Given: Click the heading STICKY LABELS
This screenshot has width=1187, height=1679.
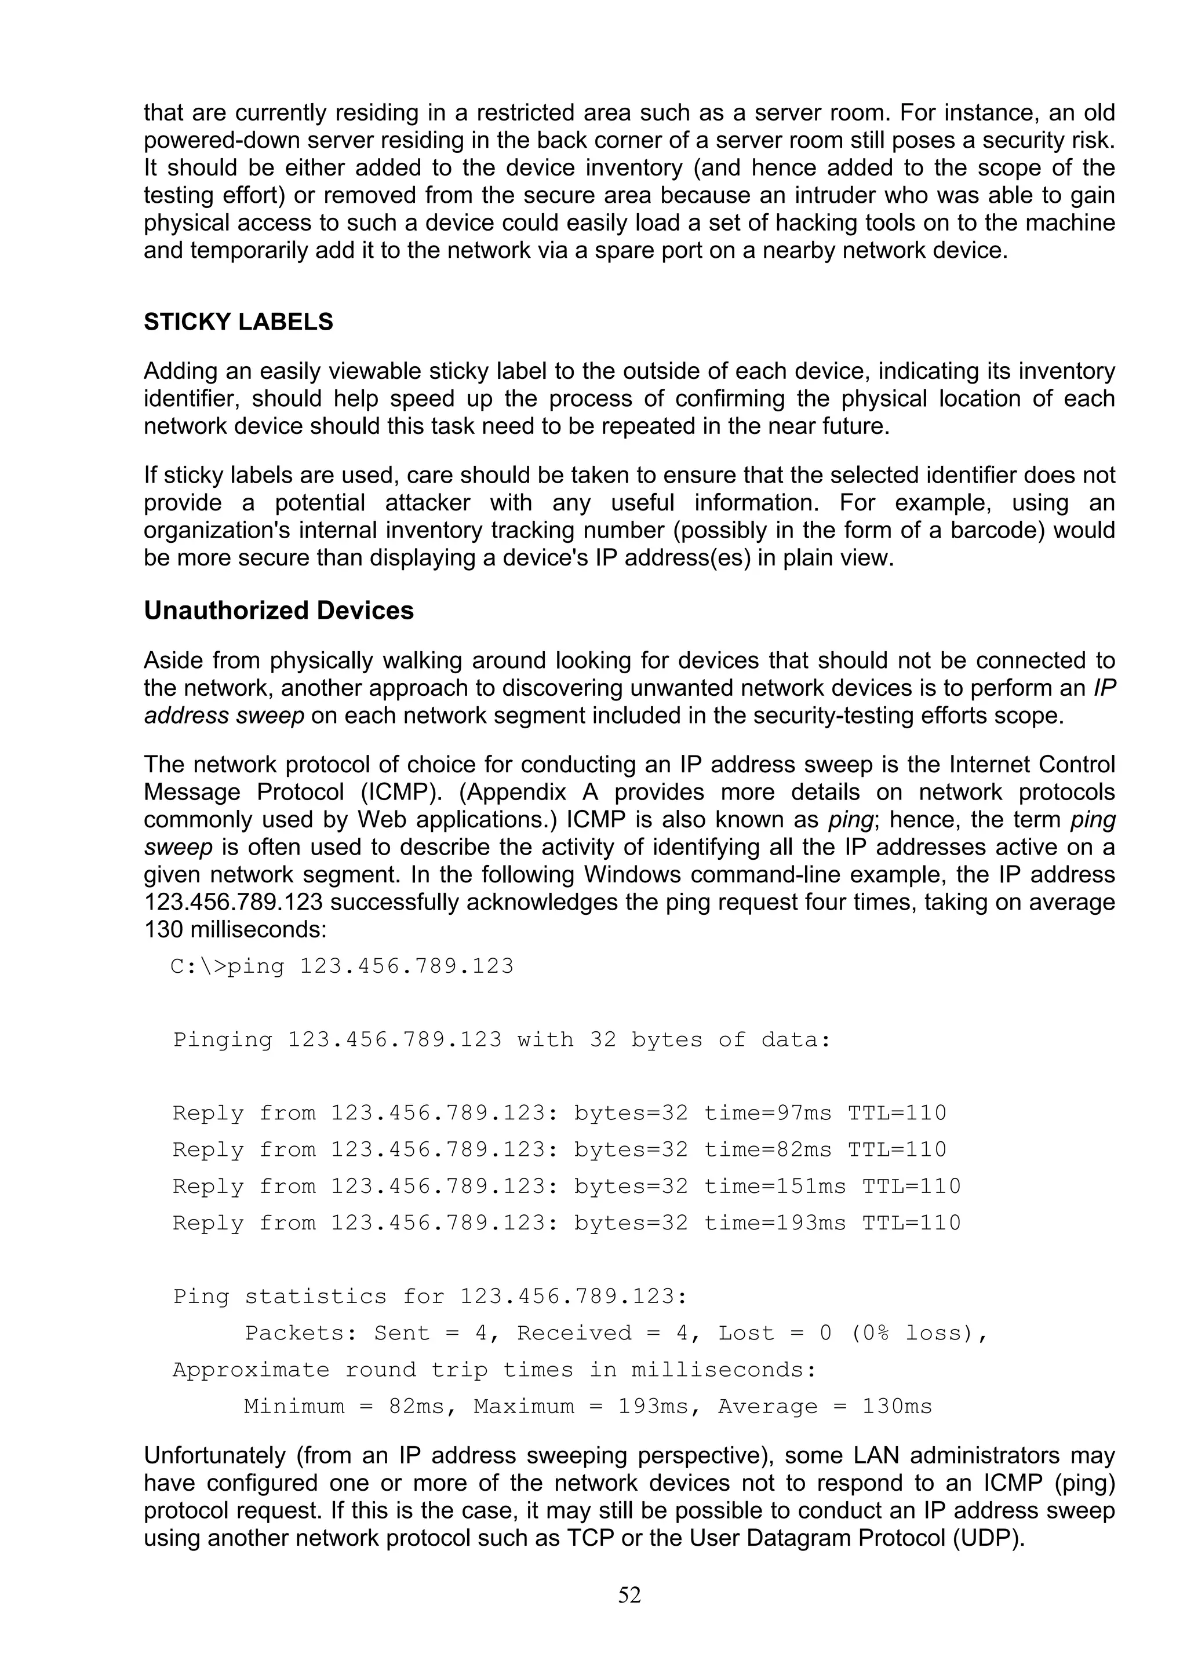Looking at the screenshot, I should click(x=238, y=323).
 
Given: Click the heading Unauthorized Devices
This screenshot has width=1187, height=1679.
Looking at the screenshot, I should click(x=279, y=611).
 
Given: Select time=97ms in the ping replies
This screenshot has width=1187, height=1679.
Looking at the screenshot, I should click(x=767, y=1114).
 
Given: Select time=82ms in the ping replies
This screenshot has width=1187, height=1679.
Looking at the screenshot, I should click(x=767, y=1150).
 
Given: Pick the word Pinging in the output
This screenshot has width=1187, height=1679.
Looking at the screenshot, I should click(x=223, y=1041).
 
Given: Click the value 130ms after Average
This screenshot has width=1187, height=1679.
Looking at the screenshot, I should click(x=897, y=1406).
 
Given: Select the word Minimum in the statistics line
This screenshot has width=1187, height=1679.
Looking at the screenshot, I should click(x=294, y=1406).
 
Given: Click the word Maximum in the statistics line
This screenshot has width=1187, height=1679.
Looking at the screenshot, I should click(x=523, y=1406).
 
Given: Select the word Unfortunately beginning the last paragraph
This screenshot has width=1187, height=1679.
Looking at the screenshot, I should click(x=214, y=1455).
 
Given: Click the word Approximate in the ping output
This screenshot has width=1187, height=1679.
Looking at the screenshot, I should click(x=251, y=1370).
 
